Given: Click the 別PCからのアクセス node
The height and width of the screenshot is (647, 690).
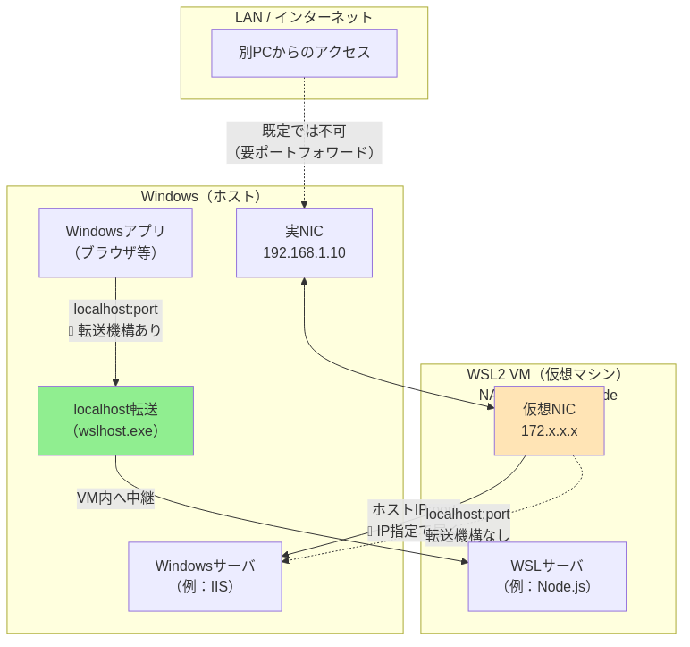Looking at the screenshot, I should click(304, 53).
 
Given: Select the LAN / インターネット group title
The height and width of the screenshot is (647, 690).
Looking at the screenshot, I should click(304, 17).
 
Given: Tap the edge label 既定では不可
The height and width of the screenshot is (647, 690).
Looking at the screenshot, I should click(304, 132).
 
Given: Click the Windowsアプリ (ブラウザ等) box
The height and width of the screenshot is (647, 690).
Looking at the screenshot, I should click(115, 242).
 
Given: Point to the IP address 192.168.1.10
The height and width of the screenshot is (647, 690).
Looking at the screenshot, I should click(304, 253).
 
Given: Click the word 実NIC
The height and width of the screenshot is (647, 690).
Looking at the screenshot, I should click(304, 232).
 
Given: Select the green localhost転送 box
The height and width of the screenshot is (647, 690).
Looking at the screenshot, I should click(115, 421).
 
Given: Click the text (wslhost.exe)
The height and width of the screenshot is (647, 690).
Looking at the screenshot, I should click(115, 431).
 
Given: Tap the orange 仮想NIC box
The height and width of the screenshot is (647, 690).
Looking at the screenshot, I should click(549, 421).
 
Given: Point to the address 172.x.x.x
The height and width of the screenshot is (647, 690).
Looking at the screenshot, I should click(549, 431).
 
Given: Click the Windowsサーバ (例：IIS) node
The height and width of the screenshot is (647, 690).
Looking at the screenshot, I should click(205, 576).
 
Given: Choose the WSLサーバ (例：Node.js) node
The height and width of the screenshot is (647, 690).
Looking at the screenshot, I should click(546, 576).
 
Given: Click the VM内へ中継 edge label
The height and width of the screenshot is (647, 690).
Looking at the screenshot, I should click(115, 498).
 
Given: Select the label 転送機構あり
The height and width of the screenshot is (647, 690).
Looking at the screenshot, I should click(120, 331).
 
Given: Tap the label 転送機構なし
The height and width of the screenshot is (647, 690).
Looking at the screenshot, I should click(467, 535).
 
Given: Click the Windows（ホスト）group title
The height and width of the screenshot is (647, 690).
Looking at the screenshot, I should click(205, 196).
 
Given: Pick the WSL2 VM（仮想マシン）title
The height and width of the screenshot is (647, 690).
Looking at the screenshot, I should click(548, 374).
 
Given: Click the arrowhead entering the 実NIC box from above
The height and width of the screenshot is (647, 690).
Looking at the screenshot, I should click(304, 204).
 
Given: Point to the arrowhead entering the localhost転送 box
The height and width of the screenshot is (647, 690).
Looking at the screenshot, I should click(115, 381).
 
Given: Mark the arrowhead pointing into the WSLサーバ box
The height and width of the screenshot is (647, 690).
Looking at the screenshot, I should click(464, 562).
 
